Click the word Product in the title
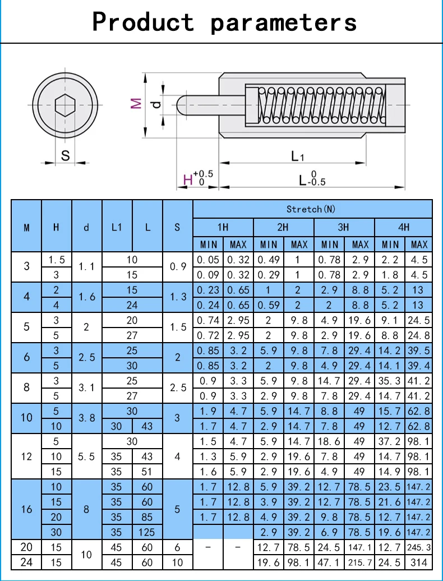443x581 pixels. pos(143,22)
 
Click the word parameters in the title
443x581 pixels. pos(284,23)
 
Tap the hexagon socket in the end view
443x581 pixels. pos(65,105)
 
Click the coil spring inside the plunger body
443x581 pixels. pos(322,104)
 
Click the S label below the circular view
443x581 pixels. pos(65,156)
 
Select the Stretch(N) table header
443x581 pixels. pos(311,209)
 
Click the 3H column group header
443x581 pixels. pos(343,227)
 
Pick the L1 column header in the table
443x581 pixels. pos(117,227)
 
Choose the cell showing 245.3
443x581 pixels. pos(419,547)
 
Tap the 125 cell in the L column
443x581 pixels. pos(147,532)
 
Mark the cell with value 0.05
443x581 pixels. pos(208,260)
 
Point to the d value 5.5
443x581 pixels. pos(86,457)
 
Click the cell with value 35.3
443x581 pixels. pos(389,381)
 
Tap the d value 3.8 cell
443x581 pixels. pos(86,418)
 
